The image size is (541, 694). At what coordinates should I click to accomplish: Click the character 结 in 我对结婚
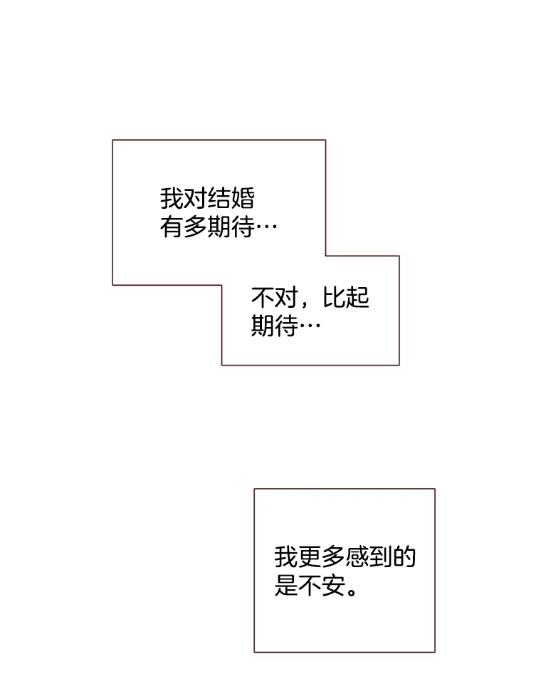(219, 197)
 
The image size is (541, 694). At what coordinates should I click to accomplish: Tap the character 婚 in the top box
(242, 197)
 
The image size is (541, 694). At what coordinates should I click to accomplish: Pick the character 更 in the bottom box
(310, 556)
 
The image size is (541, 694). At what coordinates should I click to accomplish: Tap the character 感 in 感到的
(357, 556)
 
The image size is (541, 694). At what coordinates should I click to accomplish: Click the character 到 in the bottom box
(380, 556)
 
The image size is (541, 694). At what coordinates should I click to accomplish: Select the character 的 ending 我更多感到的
(404, 556)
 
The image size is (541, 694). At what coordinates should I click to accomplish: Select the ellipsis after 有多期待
(266, 228)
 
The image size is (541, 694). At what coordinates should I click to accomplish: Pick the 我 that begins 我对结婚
(172, 197)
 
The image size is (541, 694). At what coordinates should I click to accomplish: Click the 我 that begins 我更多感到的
(286, 556)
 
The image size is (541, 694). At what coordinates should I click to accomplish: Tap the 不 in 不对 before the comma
(263, 297)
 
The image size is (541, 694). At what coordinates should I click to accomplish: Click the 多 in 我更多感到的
(333, 556)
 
